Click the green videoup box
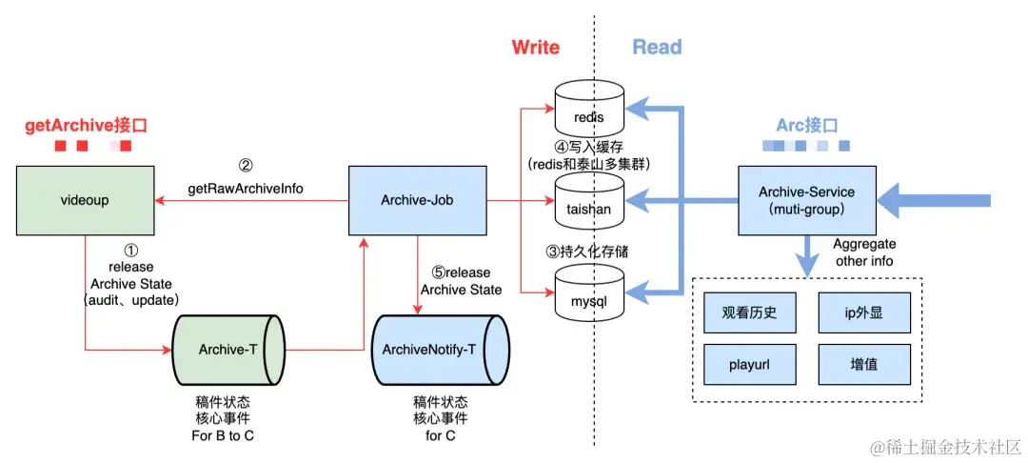point(86,201)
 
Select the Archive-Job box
point(417,201)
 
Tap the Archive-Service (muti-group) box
point(806,201)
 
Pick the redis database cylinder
point(588,110)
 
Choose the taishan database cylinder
point(588,201)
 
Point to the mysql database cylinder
point(588,292)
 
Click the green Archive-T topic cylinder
point(228,350)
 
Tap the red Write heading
point(536,47)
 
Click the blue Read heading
point(657,47)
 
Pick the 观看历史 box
point(749,312)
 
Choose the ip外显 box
point(864,312)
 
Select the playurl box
point(749,364)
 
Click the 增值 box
point(864,364)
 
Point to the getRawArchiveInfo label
point(246,190)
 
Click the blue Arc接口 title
point(806,125)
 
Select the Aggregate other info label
point(864,252)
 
